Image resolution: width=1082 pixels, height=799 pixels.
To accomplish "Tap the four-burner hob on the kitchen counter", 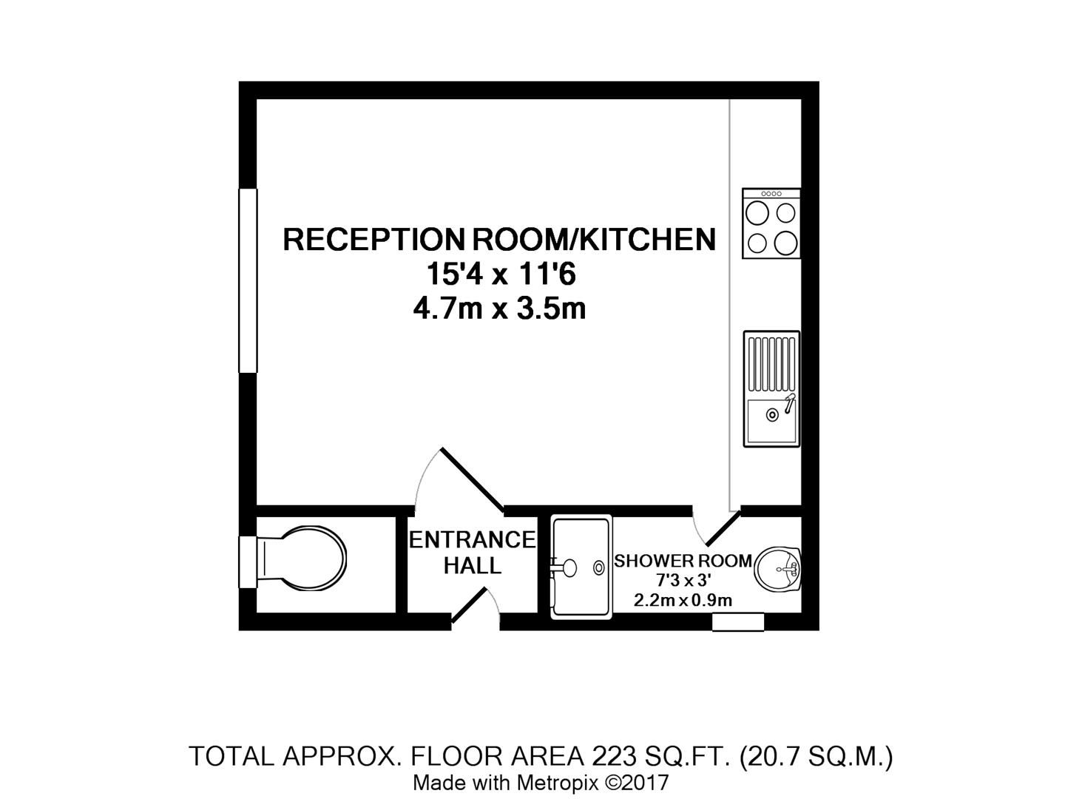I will click(x=771, y=223).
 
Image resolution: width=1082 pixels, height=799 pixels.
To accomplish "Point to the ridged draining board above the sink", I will click(x=771, y=364).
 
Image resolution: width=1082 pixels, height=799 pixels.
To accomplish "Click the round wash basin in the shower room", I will click(x=778, y=568).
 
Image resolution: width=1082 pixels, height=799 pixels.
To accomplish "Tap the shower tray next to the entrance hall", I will click(x=581, y=567).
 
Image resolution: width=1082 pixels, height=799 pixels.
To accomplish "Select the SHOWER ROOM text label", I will click(x=683, y=561).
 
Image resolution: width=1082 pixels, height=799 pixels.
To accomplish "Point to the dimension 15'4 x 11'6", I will click(x=500, y=275).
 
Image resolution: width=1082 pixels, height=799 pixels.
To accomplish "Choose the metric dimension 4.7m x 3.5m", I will click(x=500, y=309).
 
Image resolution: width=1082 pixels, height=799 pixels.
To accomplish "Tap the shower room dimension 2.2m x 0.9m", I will click(x=683, y=600).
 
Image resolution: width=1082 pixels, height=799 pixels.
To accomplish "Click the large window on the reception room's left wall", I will click(x=248, y=280).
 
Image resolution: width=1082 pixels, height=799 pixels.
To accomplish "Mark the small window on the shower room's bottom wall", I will click(x=737, y=621).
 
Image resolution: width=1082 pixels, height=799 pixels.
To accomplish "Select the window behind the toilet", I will click(x=247, y=562).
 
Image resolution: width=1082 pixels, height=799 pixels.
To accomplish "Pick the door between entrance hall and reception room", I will click(x=473, y=479).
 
